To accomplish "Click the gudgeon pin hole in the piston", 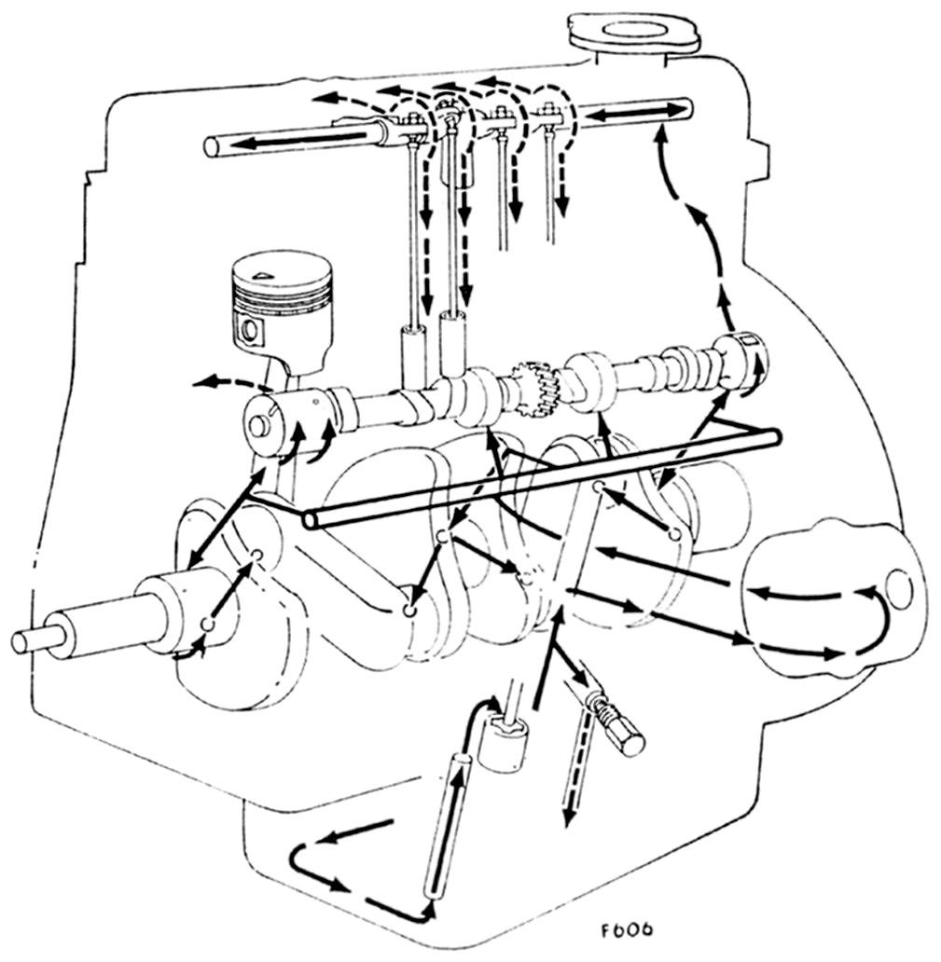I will click(x=250, y=329).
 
